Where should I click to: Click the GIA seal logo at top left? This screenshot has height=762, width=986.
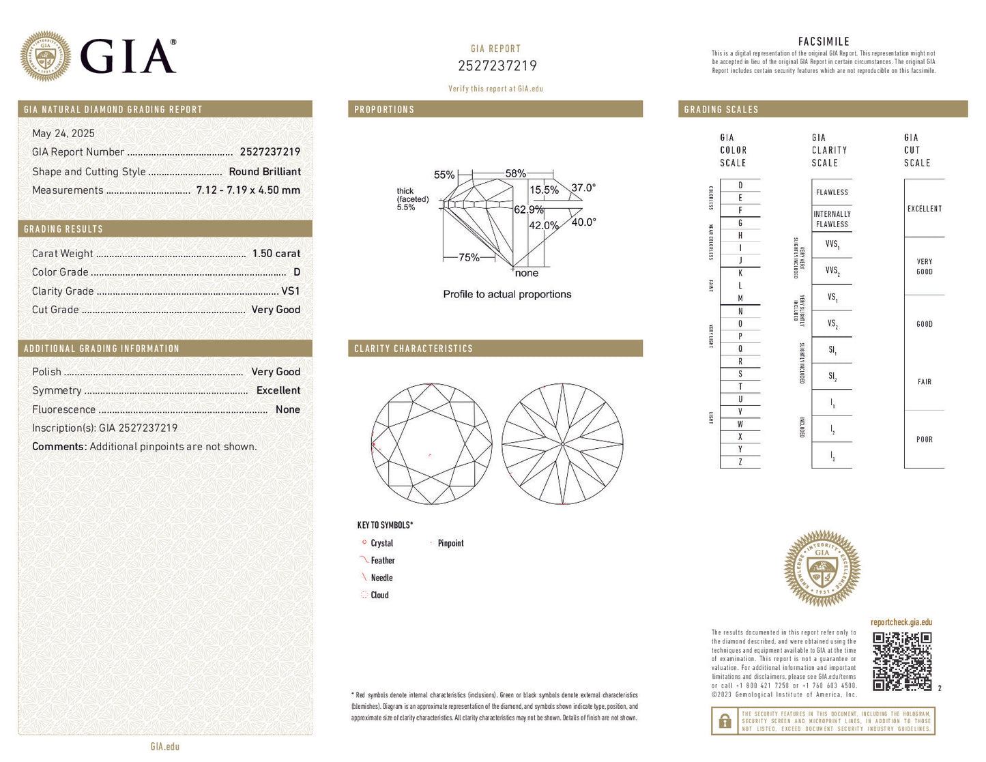[46, 56]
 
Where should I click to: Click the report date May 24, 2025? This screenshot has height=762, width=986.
[63, 134]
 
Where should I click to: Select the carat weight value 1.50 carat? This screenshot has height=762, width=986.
[276, 254]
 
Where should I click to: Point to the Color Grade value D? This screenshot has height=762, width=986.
[296, 272]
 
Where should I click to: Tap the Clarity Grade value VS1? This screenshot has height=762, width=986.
[291, 291]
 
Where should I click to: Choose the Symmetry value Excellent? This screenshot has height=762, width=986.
[278, 391]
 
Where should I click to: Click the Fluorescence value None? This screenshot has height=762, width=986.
[287, 410]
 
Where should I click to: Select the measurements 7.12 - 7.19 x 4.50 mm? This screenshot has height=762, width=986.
[248, 190]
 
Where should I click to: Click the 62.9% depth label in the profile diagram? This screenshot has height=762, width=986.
[528, 210]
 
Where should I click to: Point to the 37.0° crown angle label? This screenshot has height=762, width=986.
[583, 188]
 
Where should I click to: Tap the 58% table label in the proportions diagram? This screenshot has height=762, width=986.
[515, 174]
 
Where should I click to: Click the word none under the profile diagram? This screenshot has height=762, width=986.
[526, 274]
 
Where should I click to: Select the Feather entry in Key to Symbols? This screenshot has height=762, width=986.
[382, 561]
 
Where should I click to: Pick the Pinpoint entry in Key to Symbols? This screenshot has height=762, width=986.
[450, 544]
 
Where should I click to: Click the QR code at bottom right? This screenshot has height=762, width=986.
[902, 661]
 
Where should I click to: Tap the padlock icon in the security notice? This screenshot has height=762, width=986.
[725, 721]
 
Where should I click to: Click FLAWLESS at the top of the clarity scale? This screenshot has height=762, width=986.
[832, 192]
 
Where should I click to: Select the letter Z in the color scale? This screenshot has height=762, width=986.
[740, 463]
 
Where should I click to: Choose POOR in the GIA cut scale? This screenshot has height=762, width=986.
[924, 440]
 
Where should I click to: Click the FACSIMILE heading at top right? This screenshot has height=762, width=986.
[824, 42]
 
